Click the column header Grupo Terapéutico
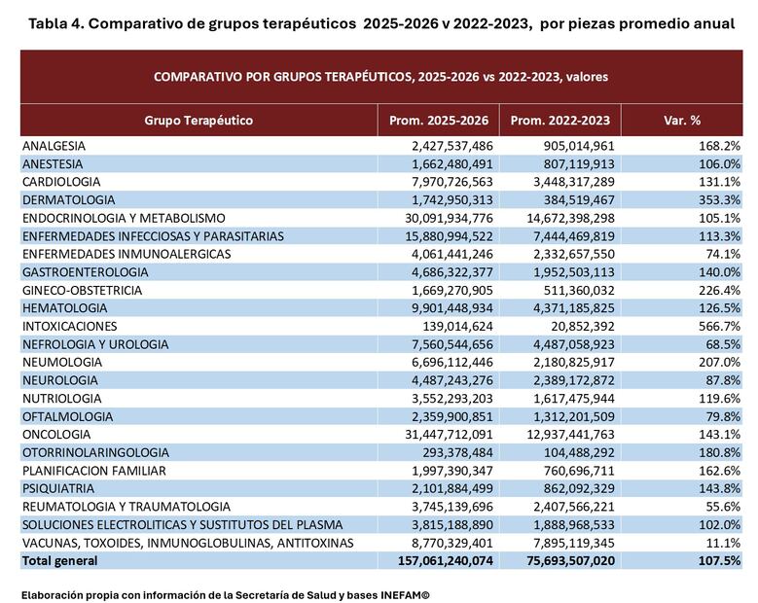[x=199, y=121]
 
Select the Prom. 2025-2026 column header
[x=438, y=121]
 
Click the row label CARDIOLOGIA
[x=61, y=182]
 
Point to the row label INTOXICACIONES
[x=69, y=326]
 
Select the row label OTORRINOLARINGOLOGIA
[x=86, y=452]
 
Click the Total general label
[x=59, y=560]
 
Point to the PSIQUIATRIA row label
[x=57, y=488]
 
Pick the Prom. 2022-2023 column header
[x=560, y=121]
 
